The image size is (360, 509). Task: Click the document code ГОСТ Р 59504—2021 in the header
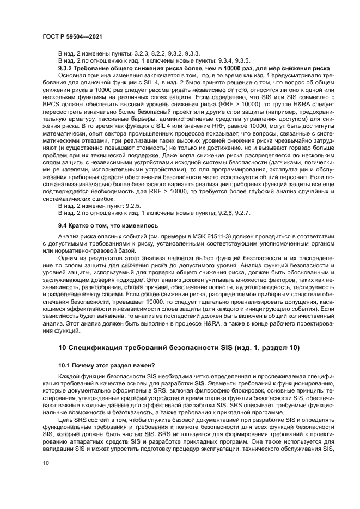(x=74, y=36)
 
